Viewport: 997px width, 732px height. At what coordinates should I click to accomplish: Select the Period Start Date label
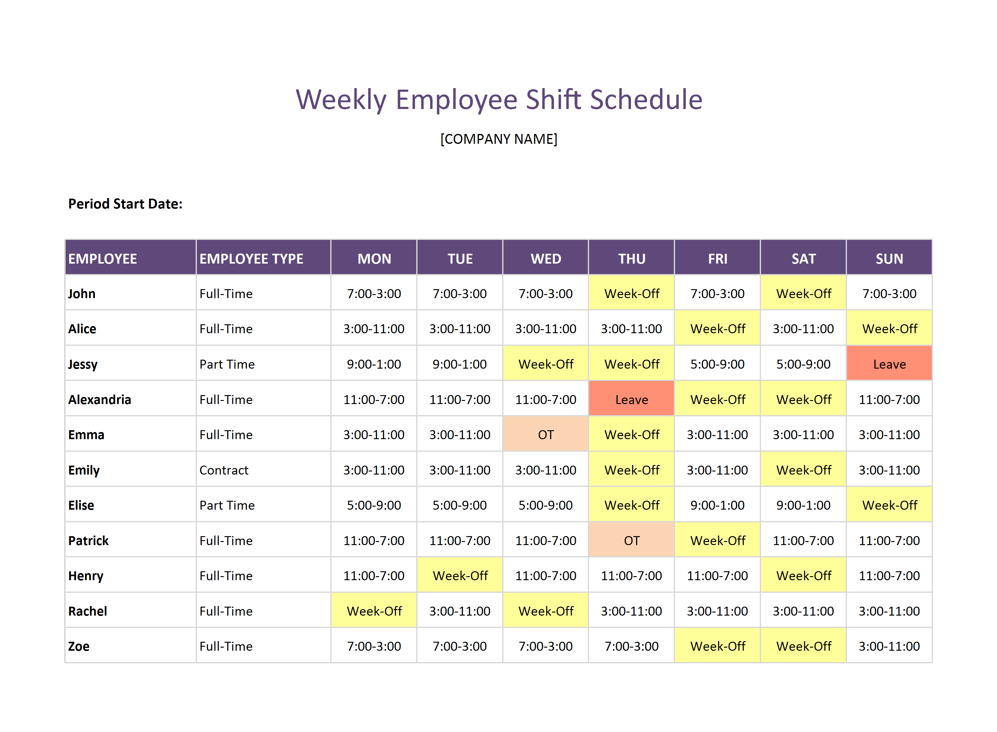(125, 204)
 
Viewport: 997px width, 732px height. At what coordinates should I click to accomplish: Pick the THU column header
(631, 259)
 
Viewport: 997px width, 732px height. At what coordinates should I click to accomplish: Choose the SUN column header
(889, 259)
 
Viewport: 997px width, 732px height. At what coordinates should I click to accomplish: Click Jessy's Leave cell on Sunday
(889, 364)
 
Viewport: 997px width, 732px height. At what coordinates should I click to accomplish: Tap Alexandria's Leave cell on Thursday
(631, 400)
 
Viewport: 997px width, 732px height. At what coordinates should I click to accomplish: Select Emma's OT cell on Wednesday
(545, 435)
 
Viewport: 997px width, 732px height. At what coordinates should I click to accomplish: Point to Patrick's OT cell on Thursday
(631, 540)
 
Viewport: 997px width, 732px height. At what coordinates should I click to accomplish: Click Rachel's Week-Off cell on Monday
(374, 611)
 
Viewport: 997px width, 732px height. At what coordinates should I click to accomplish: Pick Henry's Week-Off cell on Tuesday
(460, 576)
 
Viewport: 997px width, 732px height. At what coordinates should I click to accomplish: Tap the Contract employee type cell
(224, 470)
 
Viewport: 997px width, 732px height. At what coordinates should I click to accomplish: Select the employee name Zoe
(79, 646)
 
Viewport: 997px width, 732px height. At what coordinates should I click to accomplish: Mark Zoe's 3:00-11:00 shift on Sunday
(889, 646)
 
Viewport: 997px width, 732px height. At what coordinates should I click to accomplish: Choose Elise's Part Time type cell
(227, 505)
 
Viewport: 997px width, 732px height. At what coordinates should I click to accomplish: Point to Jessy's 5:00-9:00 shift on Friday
(717, 364)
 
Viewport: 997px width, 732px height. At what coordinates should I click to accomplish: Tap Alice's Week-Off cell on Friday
(717, 329)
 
